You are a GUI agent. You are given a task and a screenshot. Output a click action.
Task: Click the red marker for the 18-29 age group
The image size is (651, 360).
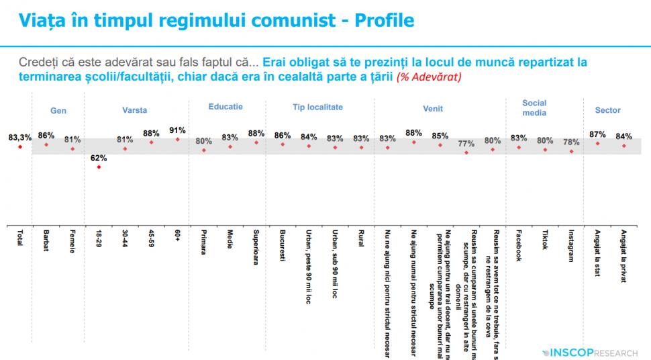[99, 167]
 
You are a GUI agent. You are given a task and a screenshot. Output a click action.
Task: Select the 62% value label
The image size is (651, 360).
[99, 158]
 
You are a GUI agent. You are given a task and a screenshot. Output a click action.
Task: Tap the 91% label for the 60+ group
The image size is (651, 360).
[178, 130]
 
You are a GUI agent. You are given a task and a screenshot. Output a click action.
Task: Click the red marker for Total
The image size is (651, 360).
[20, 146]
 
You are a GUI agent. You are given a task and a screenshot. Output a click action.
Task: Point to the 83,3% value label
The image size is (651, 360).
[20, 137]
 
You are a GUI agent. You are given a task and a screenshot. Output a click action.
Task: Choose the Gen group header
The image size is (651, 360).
[58, 110]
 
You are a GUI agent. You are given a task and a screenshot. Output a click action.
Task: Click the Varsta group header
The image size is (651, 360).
[134, 110]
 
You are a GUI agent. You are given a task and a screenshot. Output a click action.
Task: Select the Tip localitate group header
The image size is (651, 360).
[317, 107]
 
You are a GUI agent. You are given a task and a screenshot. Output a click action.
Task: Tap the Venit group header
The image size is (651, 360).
[433, 109]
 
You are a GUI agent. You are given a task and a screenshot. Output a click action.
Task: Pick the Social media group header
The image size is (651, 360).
[534, 107]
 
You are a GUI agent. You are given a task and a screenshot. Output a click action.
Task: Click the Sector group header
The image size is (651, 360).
[607, 110]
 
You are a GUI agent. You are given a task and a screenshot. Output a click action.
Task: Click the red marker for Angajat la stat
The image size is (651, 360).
[597, 144]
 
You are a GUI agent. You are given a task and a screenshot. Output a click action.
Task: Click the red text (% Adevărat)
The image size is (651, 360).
[428, 77]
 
